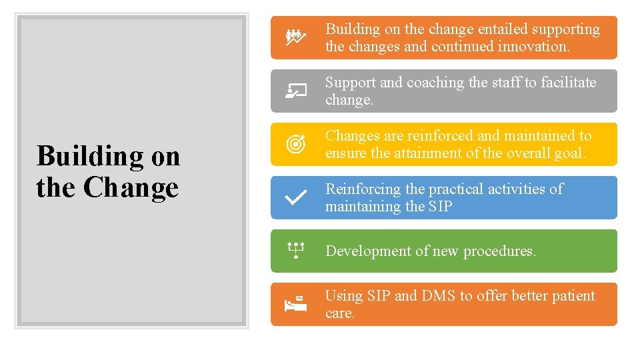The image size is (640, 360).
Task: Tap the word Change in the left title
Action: click(131, 187)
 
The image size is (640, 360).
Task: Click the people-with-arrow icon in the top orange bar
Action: click(295, 37)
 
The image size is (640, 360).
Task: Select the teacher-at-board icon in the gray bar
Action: click(295, 91)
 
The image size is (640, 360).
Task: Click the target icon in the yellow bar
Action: click(295, 144)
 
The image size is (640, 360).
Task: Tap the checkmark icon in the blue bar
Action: click(295, 197)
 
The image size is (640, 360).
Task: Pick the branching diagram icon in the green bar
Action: click(295, 251)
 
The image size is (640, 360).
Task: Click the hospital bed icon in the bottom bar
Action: click(295, 304)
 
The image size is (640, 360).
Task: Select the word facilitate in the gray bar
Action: click(569, 83)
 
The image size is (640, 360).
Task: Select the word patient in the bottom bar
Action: click(570, 296)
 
